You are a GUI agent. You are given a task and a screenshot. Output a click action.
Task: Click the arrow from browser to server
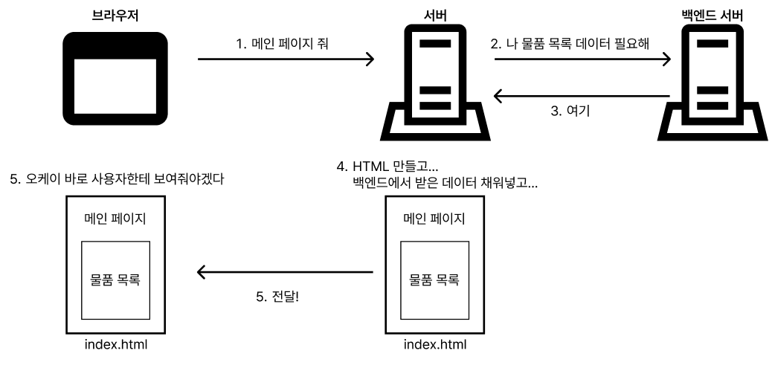pos(286,59)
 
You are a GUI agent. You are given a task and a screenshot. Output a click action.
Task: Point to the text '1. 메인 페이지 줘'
pos(283,44)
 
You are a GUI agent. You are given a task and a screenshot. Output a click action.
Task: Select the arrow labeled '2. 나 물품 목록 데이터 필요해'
pos(583,63)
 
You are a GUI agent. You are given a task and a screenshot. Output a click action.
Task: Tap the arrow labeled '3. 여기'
pos(583,96)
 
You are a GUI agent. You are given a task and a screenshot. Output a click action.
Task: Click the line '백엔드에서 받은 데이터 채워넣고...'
pos(445,181)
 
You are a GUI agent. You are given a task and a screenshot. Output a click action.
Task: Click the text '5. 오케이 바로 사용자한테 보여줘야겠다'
pos(116,179)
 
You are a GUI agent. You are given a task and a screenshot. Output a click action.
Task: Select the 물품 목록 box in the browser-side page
pos(116,280)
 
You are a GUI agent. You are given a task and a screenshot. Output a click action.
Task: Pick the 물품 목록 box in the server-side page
pos(434,280)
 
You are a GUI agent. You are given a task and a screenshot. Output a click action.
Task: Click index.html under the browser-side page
pos(116,345)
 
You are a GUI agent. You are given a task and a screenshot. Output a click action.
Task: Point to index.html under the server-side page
pos(434,345)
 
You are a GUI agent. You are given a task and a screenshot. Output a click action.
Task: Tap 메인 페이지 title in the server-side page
pos(434,219)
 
